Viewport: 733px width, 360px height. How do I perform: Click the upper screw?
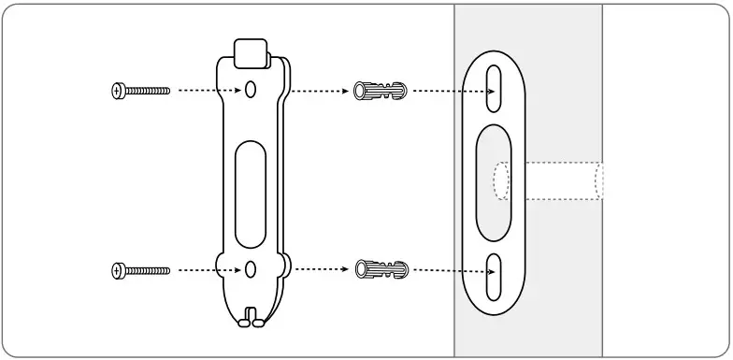(141, 91)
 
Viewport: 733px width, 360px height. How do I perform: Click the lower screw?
(141, 270)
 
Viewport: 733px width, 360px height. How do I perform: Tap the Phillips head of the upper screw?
(117, 91)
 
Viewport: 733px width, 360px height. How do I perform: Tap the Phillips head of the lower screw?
(117, 270)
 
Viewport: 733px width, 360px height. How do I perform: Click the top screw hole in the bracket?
(251, 91)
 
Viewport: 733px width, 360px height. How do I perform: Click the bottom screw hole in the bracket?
(251, 269)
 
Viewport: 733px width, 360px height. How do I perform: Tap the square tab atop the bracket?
(250, 53)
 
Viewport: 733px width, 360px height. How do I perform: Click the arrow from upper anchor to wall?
(453, 92)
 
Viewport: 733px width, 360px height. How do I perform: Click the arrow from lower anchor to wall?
(453, 271)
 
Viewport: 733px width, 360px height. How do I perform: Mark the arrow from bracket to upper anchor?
(318, 91)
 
